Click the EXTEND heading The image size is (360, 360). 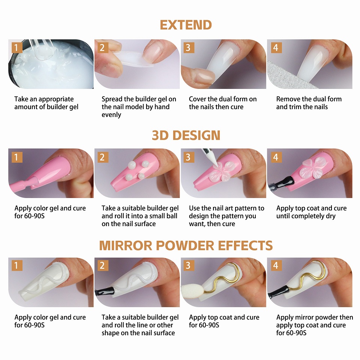tap(186, 25)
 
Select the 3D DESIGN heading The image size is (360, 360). tap(186, 135)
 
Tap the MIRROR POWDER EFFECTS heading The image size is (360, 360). tap(186, 246)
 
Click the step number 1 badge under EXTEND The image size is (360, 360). tap(16, 48)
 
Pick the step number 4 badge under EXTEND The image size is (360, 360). tap(276, 48)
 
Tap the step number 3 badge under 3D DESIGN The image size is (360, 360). tap(188, 157)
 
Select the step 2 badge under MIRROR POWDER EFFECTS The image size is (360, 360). tap(102, 266)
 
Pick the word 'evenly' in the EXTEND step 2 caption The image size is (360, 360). tap(111, 115)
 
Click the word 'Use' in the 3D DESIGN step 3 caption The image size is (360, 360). tap(194, 208)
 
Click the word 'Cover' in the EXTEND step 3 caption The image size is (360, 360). tap(198, 99)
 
